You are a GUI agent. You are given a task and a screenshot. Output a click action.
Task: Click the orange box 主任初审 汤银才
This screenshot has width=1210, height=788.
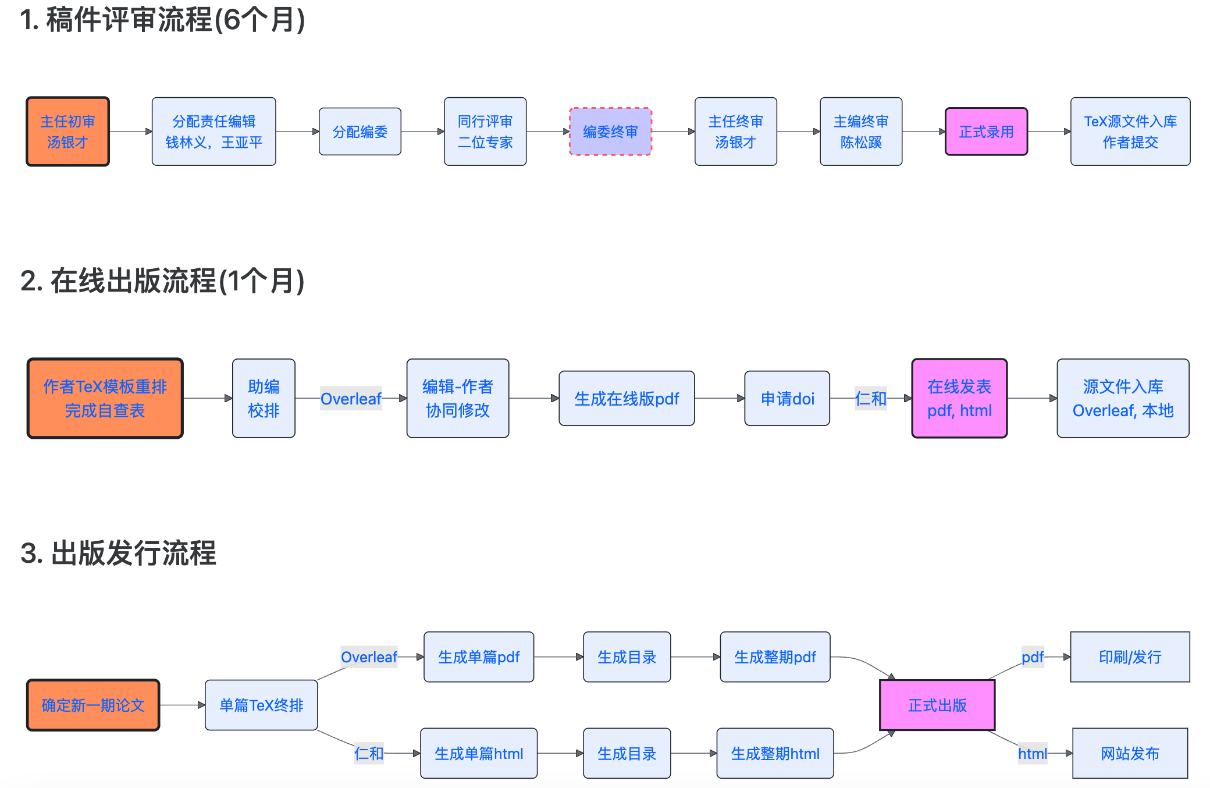click(x=67, y=132)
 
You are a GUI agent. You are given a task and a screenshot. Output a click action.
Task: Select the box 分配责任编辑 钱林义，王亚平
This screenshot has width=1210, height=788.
click(x=213, y=132)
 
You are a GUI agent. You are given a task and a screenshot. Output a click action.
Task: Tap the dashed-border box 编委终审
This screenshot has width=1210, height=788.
click(x=610, y=132)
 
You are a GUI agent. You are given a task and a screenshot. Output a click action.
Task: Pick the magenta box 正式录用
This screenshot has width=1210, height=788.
click(x=986, y=132)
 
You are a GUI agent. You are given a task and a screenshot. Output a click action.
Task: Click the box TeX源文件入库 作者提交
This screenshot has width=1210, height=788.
click(x=1130, y=132)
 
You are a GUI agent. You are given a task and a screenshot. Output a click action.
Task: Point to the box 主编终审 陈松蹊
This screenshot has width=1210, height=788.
click(x=860, y=132)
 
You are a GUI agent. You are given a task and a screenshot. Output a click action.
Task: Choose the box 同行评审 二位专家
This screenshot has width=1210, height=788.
click(x=485, y=132)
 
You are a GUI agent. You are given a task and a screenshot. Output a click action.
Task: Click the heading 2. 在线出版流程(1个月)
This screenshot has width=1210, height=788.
click(x=162, y=281)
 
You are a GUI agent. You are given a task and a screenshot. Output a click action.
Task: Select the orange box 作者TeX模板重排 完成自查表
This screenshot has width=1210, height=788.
click(x=105, y=399)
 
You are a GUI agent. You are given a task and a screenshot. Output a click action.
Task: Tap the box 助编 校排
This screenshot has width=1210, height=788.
click(x=264, y=399)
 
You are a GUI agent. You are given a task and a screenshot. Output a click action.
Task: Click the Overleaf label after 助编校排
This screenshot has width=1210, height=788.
click(x=351, y=399)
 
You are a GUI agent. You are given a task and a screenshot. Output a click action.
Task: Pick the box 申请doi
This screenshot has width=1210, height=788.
click(x=787, y=399)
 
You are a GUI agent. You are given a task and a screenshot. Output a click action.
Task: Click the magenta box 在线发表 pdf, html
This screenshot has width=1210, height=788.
click(x=959, y=399)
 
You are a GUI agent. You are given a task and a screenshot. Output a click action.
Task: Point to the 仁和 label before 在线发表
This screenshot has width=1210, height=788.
click(x=871, y=399)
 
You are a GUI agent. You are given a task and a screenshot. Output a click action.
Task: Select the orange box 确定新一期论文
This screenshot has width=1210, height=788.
click(x=93, y=705)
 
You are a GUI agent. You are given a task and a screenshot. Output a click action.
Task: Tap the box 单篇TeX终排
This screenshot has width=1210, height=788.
click(x=261, y=705)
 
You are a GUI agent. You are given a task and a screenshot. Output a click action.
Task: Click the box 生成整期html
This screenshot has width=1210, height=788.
click(x=775, y=754)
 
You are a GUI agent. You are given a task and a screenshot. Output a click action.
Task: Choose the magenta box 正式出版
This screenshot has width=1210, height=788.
click(x=937, y=705)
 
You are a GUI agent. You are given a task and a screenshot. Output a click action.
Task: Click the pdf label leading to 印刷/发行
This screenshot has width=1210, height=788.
click(x=1033, y=657)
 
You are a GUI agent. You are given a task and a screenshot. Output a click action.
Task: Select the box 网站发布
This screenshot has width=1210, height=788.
click(x=1130, y=754)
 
